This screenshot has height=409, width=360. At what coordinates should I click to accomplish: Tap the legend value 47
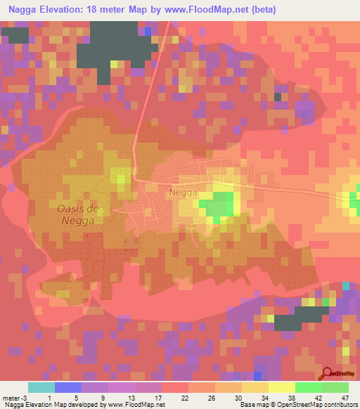coord(344,397)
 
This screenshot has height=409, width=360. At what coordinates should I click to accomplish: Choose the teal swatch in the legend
coord(41,387)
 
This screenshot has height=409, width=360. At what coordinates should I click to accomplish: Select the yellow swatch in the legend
coord(282,387)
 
